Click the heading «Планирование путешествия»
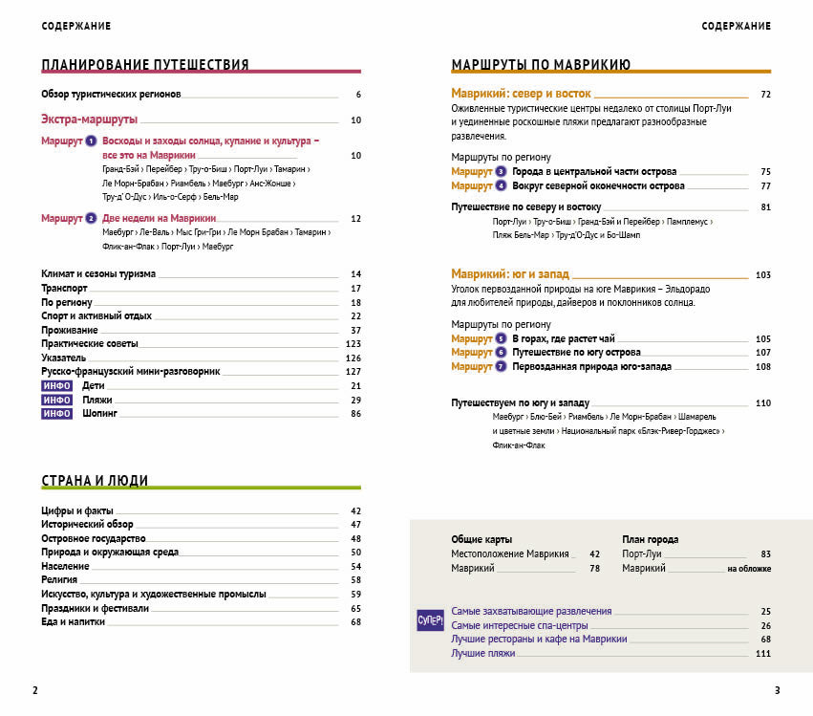[x=145, y=65]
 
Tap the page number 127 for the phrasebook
[x=353, y=371]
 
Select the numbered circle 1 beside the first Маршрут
[x=91, y=141]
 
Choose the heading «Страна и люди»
[x=95, y=481]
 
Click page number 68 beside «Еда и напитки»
[x=355, y=622]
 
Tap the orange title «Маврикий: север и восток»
[x=521, y=94]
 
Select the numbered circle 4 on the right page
[x=501, y=185]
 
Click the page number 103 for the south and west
[x=761, y=274]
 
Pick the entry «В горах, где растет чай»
[x=564, y=338]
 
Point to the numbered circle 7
[x=501, y=366]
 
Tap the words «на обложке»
[x=748, y=569]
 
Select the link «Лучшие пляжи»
[x=482, y=653]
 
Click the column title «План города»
[x=650, y=539]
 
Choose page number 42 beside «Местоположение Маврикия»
[x=594, y=553]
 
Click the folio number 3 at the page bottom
[x=777, y=690]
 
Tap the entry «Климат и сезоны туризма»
[x=98, y=273]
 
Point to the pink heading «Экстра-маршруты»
[x=90, y=119]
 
